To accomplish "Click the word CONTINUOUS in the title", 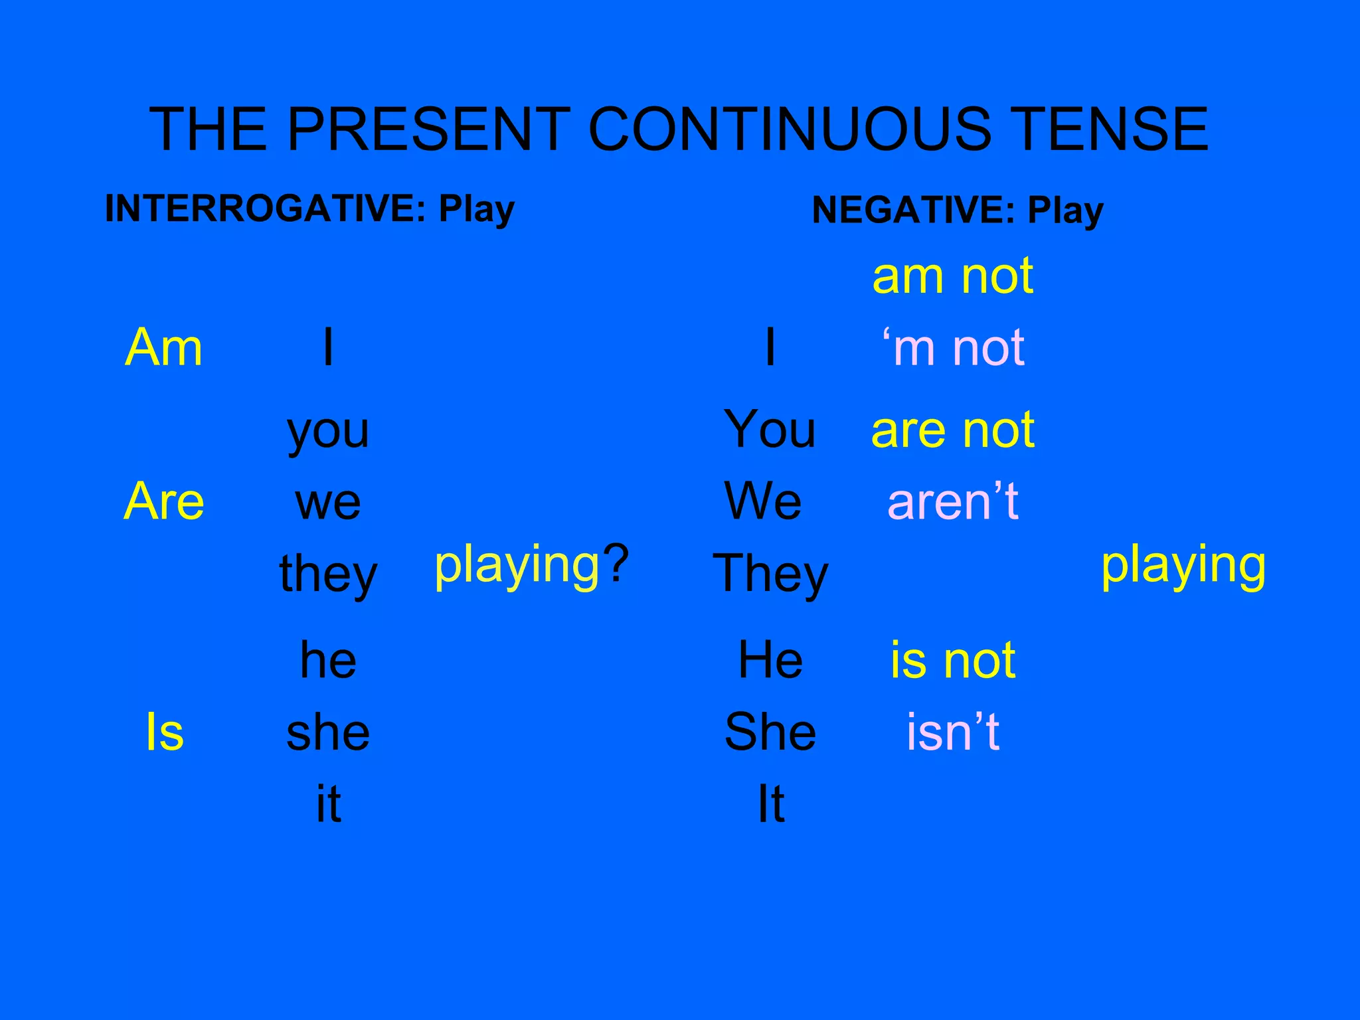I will (x=789, y=129).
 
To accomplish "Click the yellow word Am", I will (x=163, y=347).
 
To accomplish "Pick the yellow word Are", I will (x=164, y=501).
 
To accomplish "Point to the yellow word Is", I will (x=164, y=732).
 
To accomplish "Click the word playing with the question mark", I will (x=531, y=564).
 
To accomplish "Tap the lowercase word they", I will (x=328, y=574).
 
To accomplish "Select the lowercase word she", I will (x=328, y=732).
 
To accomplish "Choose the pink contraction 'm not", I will (x=952, y=347).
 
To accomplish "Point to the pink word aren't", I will (x=952, y=501).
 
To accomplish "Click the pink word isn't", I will (x=952, y=732).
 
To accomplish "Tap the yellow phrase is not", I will (x=952, y=660).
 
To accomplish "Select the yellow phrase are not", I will (x=952, y=430).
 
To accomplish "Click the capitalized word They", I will (x=770, y=574).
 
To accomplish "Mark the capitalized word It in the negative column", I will (x=770, y=804).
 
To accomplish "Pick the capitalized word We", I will (x=763, y=501).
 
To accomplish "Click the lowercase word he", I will (x=328, y=660).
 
